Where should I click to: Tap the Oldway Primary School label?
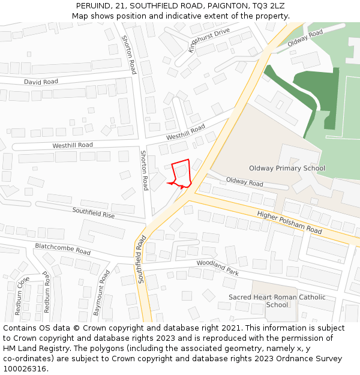pyautogui.click(x=287, y=169)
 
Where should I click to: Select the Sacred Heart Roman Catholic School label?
pyautogui.click(x=277, y=301)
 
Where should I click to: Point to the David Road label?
pyautogui.click(x=41, y=82)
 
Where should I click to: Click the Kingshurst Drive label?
pyautogui.click(x=209, y=40)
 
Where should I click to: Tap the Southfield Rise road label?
pyautogui.click(x=93, y=212)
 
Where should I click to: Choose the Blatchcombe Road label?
pyautogui.click(x=62, y=249)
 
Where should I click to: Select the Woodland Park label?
pyautogui.click(x=217, y=268)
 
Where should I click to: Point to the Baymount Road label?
pyautogui.click(x=101, y=293)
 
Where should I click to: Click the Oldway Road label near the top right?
pyautogui.click(x=305, y=38)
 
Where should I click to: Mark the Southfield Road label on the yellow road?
pyautogui.click(x=142, y=259)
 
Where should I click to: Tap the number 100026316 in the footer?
pyautogui.click(x=25, y=369)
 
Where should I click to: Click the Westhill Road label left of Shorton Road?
pyautogui.click(x=73, y=145)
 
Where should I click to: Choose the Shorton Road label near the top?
pyautogui.click(x=129, y=55)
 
